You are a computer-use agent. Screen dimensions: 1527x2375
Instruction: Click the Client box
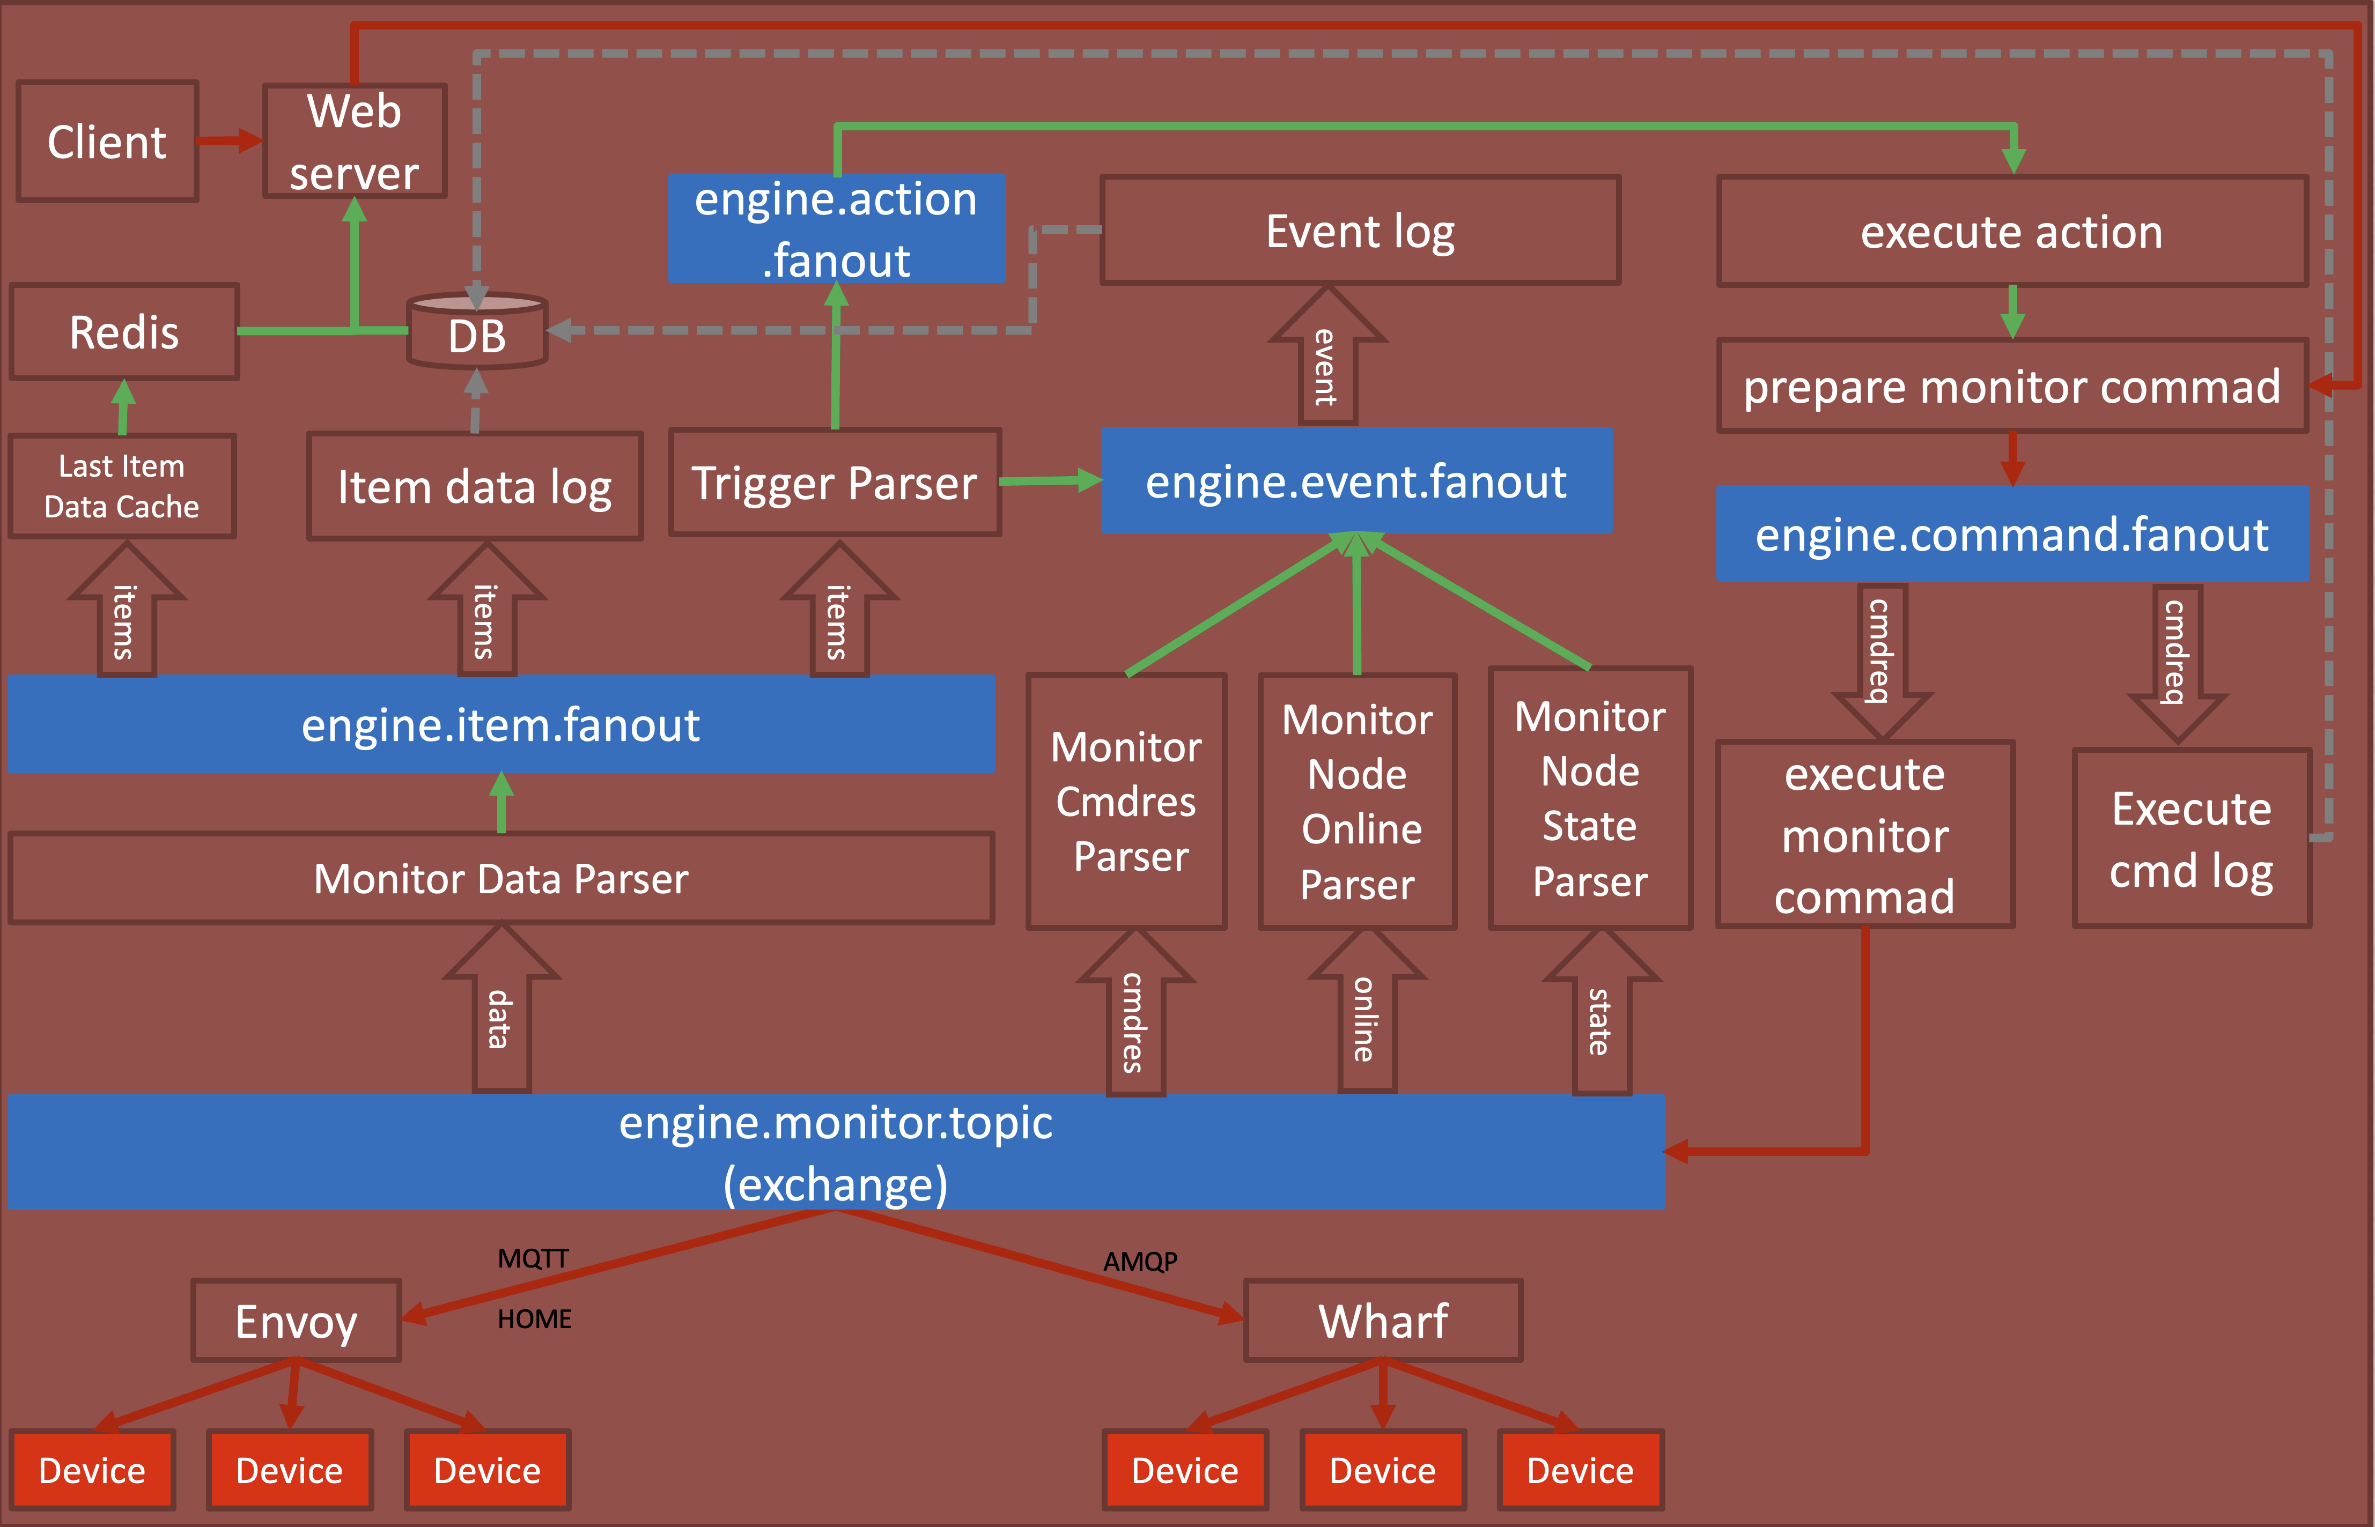pos(107,142)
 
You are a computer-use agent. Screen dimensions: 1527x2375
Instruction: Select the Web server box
pos(354,142)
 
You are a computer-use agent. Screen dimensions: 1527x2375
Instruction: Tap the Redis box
pos(124,332)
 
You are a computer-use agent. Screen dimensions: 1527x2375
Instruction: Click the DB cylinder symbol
pos(477,332)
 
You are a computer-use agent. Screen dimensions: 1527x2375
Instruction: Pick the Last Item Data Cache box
pos(122,486)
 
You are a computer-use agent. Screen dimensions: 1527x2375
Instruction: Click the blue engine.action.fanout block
pos(836,229)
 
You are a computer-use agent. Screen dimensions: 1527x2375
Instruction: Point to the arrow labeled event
pos(1327,362)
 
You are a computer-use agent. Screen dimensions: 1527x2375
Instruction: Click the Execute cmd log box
pos(2192,839)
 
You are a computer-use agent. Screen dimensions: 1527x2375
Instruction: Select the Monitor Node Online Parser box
pos(1358,801)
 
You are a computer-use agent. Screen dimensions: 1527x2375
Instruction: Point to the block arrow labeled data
pos(501,1011)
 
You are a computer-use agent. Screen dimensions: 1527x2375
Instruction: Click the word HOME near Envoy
pos(535,1320)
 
